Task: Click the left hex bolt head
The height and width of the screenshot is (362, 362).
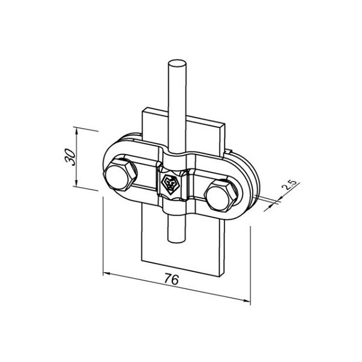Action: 119,175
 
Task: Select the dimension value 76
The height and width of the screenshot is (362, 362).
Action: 171,279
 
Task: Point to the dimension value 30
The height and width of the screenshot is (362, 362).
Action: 70,157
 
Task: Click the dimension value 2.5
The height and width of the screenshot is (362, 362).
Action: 290,185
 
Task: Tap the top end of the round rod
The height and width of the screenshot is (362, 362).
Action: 177,63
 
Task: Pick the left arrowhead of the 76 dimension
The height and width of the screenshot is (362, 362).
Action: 106,274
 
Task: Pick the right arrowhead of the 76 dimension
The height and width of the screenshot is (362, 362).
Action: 247,300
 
